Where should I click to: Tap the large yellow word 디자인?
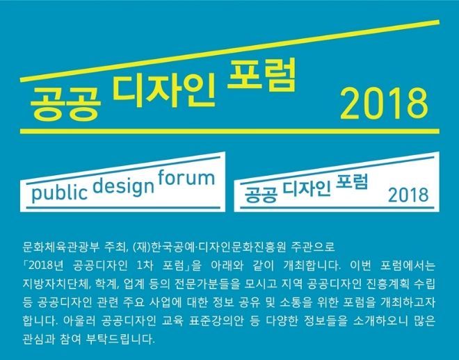coord(164,90)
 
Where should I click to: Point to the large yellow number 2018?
coord(384,104)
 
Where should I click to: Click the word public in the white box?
coord(59,193)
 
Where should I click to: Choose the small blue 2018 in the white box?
coord(408,195)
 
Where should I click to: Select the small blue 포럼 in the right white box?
coord(352,182)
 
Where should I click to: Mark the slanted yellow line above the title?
coord(229,51)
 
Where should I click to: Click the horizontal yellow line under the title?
coord(229,131)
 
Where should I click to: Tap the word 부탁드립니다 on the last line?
coord(120,340)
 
